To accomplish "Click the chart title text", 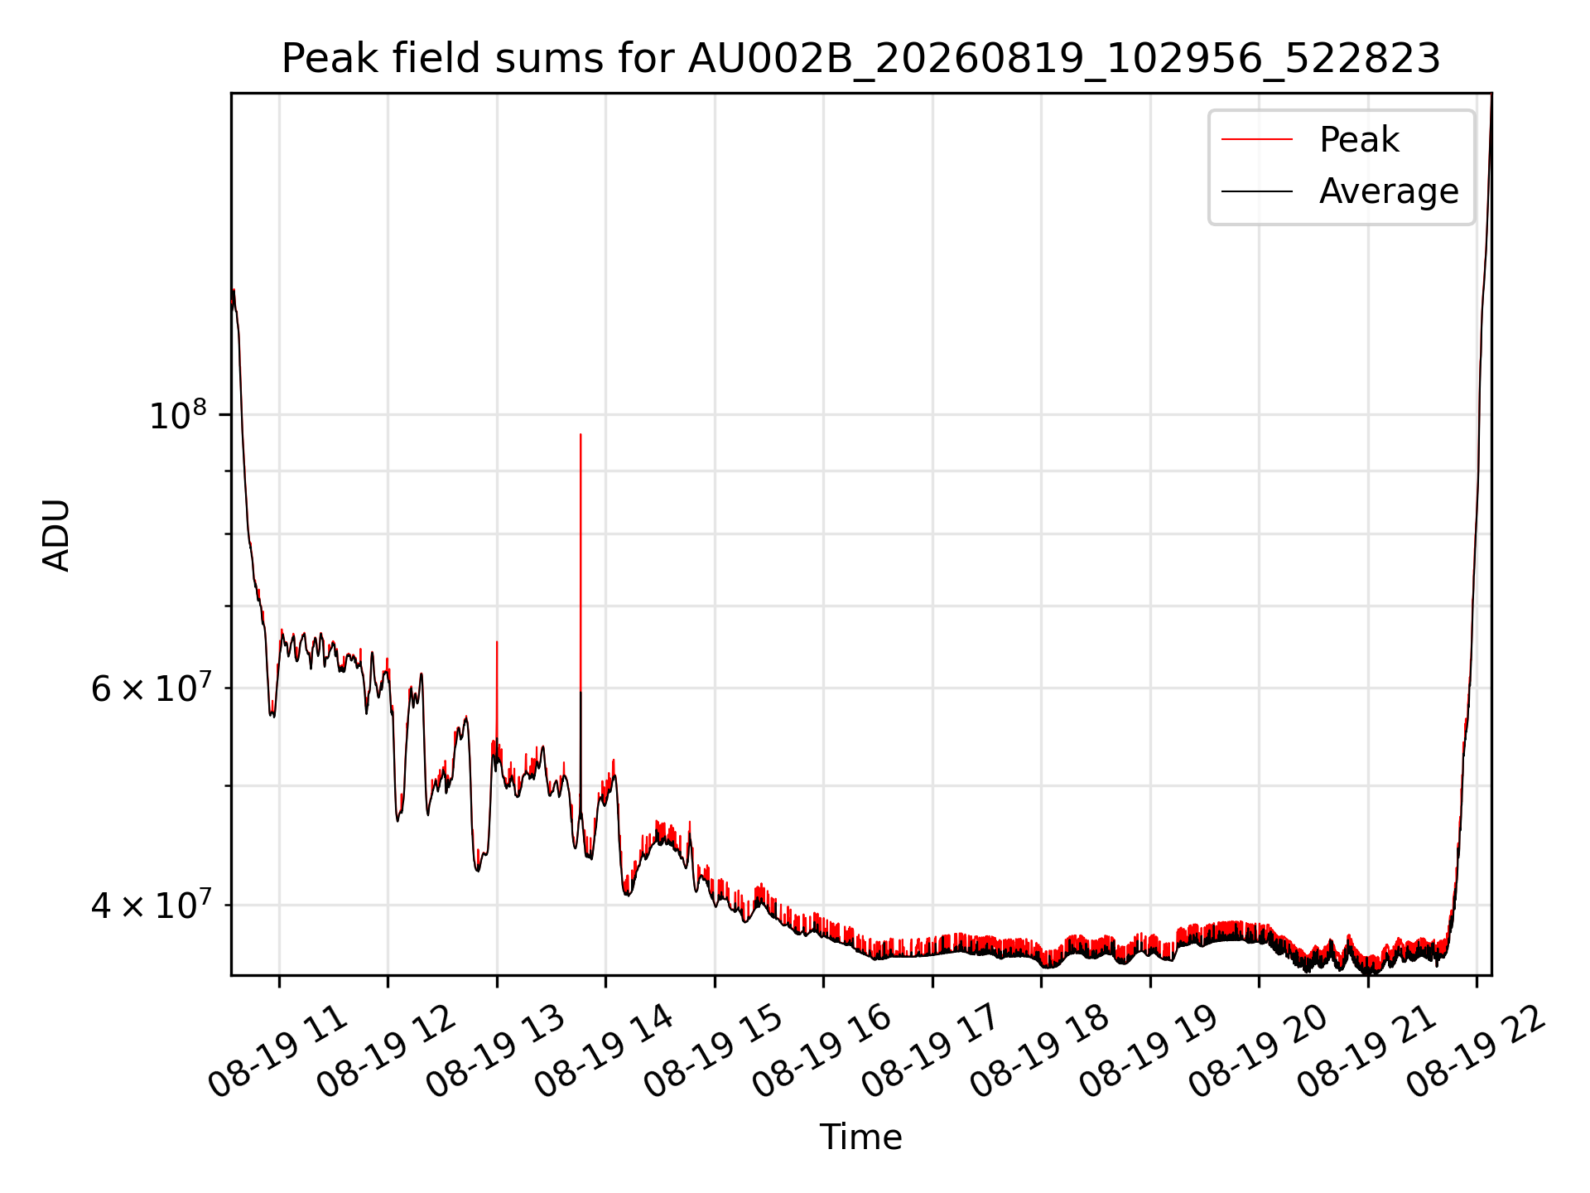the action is (861, 59).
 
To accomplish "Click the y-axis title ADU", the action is (56, 534).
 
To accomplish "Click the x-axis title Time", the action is (860, 1137).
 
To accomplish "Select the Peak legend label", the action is (1359, 139).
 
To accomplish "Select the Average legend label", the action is (1389, 191).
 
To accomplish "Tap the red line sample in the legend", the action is (1257, 139).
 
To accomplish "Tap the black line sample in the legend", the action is (1257, 191).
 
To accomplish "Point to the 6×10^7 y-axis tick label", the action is (149, 688).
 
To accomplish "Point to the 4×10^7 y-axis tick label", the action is (149, 905).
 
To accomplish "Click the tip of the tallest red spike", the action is (581, 434).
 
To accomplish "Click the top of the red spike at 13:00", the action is (497, 641).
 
